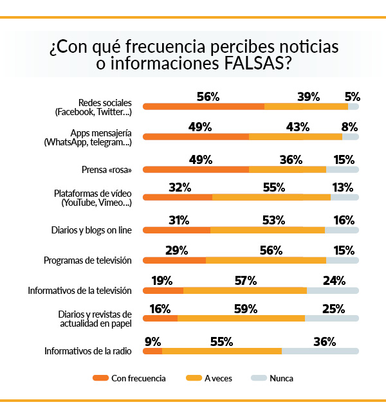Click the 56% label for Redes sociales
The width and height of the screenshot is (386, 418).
tap(208, 97)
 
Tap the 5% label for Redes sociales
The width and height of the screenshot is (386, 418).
tap(352, 97)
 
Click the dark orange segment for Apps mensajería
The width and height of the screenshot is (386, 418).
tap(196, 137)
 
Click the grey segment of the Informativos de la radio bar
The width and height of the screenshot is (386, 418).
tap(320, 351)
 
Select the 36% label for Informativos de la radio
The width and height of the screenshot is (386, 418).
tap(324, 342)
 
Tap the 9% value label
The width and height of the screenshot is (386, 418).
tap(153, 342)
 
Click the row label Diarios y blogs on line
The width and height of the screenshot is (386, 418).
tap(91, 230)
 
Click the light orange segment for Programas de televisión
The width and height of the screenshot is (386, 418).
tap(266, 260)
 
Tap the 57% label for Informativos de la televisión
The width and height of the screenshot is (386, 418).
tap(245, 280)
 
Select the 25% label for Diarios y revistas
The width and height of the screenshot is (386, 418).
tap(333, 309)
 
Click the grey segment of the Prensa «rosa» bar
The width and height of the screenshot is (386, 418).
tap(342, 170)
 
